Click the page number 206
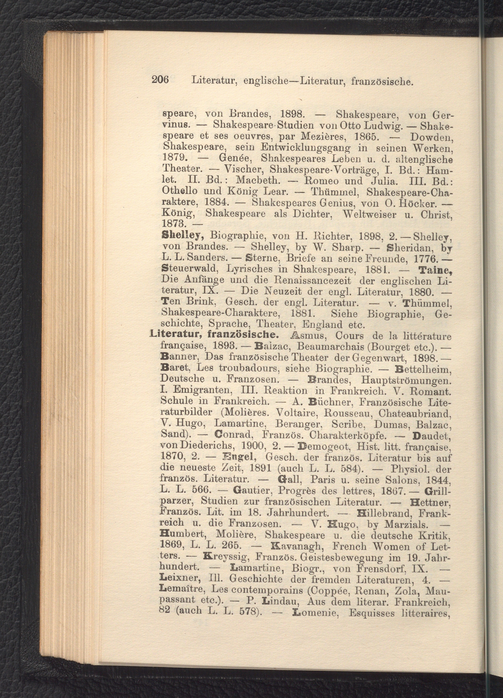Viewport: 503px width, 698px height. click(160, 81)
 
